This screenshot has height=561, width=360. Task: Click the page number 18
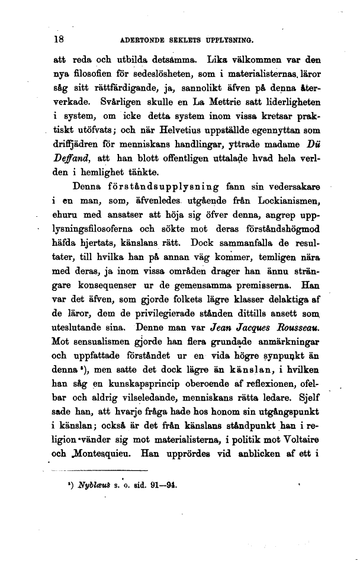58,40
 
